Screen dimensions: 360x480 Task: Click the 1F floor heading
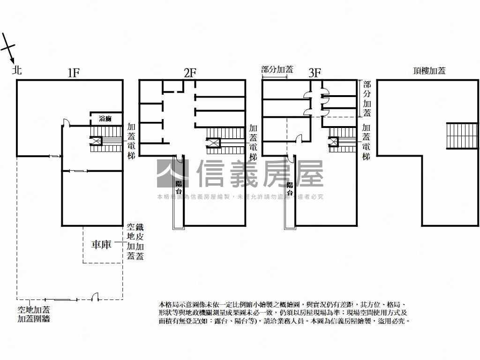tap(74, 73)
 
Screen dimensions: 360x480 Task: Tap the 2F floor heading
tap(190, 73)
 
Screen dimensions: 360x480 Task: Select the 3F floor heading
tap(315, 73)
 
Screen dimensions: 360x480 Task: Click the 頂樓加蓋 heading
tap(429, 71)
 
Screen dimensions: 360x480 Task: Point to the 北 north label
tap(17, 71)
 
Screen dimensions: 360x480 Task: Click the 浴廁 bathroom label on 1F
tap(105, 119)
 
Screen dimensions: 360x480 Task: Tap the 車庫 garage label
tap(101, 244)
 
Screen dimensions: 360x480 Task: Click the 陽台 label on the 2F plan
tap(179, 187)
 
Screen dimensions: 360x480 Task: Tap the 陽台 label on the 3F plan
tap(290, 188)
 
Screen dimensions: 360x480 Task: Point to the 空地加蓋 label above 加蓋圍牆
tap(34, 310)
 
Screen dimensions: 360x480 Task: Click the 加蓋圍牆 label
tap(34, 319)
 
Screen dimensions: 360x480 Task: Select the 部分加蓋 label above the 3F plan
tap(277, 69)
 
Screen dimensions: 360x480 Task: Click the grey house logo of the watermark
tap(172, 173)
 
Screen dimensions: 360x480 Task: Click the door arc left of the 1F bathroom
tap(66, 123)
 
